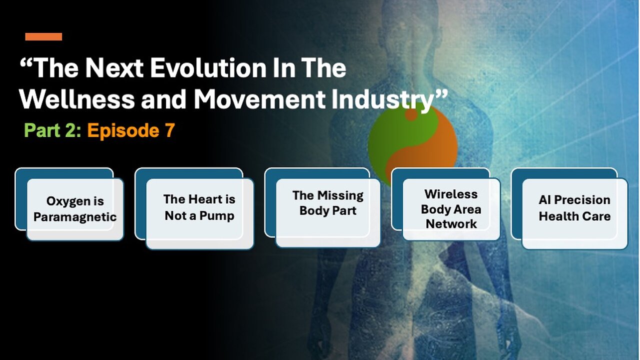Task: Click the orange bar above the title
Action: pos(43,37)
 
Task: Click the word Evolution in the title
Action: pos(208,68)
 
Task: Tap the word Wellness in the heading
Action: pos(77,99)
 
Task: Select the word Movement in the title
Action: pos(259,99)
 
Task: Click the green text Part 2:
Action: pos(52,130)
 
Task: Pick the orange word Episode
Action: pos(123,131)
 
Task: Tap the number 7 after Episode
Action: pos(169,130)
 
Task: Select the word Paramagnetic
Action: pos(75,217)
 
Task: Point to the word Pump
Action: pos(217,216)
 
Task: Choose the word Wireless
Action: pos(451,194)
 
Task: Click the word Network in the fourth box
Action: pos(451,223)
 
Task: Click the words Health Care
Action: pos(574,216)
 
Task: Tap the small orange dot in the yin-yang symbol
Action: pos(411,115)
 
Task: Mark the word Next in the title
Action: pos(114,68)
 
